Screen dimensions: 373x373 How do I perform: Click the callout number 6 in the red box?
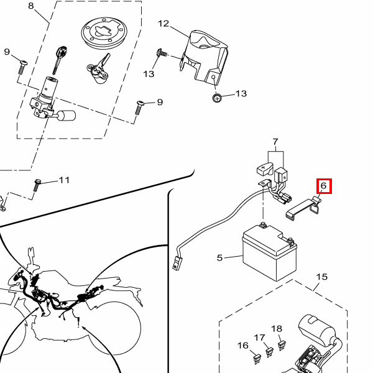click(323, 185)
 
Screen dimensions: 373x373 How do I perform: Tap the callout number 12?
click(163, 24)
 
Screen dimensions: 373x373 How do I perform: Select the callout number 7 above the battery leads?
click(275, 142)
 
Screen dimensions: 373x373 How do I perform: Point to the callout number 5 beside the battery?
click(219, 257)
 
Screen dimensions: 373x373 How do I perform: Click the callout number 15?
click(321, 277)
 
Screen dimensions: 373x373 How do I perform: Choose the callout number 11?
click(64, 180)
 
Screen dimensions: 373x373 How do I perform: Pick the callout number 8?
click(30, 6)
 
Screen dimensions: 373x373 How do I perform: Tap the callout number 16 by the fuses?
click(242, 345)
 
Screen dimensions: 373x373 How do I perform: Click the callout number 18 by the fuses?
click(277, 329)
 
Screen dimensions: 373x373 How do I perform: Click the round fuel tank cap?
click(104, 32)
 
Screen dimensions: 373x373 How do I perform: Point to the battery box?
click(269, 252)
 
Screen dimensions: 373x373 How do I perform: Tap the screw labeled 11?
click(37, 185)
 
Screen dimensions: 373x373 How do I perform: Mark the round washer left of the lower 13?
click(217, 98)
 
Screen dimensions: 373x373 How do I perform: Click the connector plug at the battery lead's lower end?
click(177, 263)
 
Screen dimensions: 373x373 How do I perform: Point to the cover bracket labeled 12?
click(204, 57)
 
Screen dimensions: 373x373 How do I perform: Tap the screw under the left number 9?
click(22, 67)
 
